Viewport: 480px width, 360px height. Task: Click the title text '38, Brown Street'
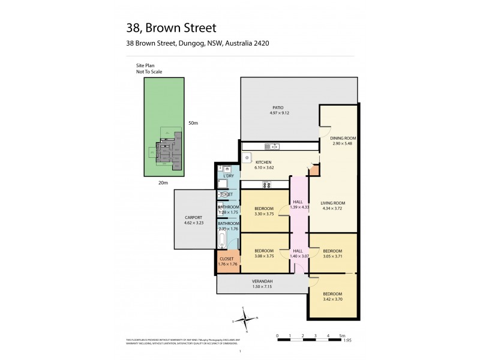click(x=171, y=28)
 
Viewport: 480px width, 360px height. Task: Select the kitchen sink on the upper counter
click(x=270, y=146)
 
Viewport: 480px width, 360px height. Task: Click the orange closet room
click(x=228, y=262)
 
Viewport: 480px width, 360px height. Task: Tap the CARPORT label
click(x=194, y=217)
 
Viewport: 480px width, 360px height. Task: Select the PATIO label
click(x=277, y=108)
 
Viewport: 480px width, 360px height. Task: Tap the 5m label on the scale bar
click(x=341, y=335)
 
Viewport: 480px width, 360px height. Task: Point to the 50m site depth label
click(x=193, y=123)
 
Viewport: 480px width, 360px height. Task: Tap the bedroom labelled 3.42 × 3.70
click(x=332, y=296)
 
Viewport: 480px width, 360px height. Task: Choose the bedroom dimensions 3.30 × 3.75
click(x=264, y=214)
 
